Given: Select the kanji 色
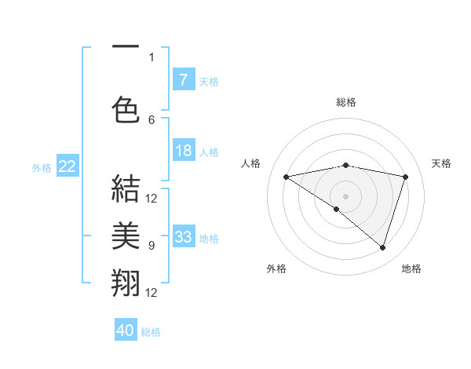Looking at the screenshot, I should tap(126, 108).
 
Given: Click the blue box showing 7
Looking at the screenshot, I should tap(183, 80).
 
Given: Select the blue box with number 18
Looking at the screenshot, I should tap(183, 151).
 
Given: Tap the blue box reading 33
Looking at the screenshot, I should tap(183, 237).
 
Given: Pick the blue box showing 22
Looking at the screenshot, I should tap(67, 166).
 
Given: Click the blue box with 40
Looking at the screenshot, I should tap(126, 331).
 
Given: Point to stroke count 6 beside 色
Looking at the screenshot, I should tap(152, 119).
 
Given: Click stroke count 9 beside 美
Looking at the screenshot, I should tap(152, 246).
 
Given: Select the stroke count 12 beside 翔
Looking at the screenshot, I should tap(152, 293).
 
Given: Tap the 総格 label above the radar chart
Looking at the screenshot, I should tap(345, 102).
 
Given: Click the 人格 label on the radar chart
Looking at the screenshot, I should tap(251, 163).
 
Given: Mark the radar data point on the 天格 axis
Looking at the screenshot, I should tap(406, 177).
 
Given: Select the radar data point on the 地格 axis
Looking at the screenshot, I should tap(382, 247).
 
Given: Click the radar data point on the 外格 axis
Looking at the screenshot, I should tap(337, 209).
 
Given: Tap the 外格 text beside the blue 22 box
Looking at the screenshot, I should tap(42, 167).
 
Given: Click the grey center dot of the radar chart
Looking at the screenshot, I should tap(345, 195).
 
